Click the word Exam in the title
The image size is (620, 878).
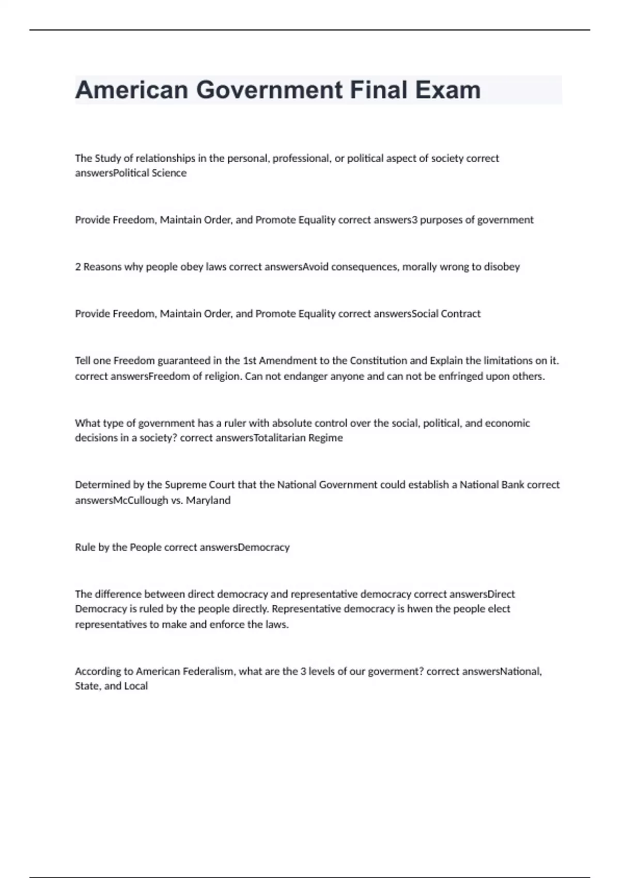[x=448, y=90]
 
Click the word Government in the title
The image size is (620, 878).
[x=269, y=90]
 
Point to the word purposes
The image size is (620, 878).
[x=441, y=220]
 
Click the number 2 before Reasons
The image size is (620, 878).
[x=78, y=267]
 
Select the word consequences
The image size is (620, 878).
[x=365, y=267]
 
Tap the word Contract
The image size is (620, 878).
[x=460, y=314]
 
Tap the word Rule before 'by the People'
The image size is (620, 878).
[x=85, y=547]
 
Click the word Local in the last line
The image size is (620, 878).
[x=136, y=686]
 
